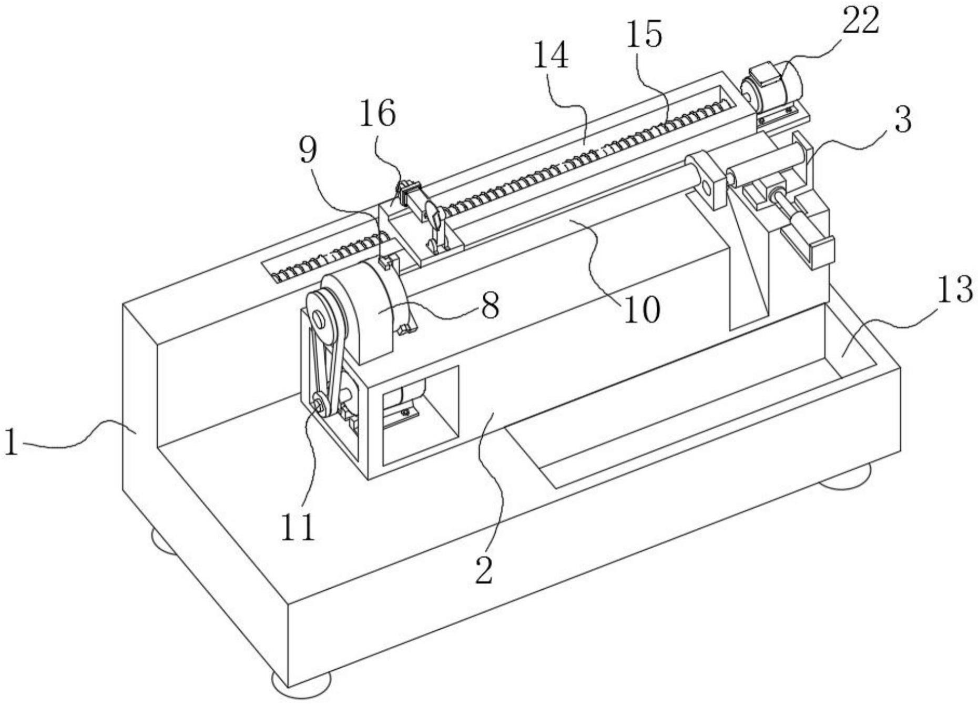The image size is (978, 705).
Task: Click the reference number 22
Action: pos(860,22)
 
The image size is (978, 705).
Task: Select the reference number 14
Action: pos(551,56)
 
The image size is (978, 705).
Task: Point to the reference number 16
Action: pos(377,114)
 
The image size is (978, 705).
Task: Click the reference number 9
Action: pos(308,151)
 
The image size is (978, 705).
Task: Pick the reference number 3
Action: pos(902,120)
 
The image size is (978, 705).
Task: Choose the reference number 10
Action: pos(641,309)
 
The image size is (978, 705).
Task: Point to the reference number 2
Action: pos(483,570)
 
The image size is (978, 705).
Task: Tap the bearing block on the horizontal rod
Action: pos(707,179)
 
